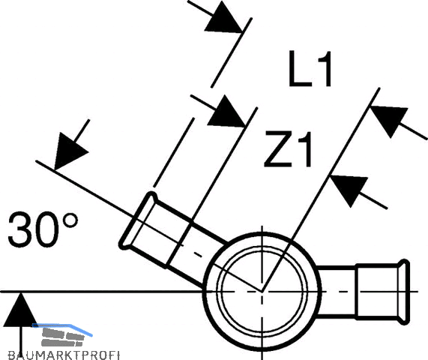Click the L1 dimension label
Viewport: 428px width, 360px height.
(x=310, y=69)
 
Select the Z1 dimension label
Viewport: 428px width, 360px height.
(x=288, y=149)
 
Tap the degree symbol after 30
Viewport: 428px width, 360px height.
(x=70, y=220)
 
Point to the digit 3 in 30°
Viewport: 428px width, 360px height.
(x=19, y=229)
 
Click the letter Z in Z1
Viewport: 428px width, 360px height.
(x=278, y=149)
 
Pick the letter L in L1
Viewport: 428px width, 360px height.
(x=300, y=69)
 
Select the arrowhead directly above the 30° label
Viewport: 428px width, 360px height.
(x=70, y=151)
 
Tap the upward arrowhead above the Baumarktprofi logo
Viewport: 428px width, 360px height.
(x=20, y=309)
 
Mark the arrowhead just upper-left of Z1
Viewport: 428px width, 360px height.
(x=226, y=112)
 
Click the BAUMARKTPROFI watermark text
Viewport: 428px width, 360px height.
(x=64, y=355)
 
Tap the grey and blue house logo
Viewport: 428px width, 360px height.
(x=63, y=334)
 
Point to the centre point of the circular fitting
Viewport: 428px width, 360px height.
(x=262, y=292)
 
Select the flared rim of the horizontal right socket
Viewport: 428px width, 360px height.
(x=404, y=292)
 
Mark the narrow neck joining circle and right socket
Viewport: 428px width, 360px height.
(x=337, y=292)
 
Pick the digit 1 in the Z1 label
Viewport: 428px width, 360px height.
(x=305, y=149)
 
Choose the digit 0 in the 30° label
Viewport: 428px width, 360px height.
(x=46, y=229)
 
